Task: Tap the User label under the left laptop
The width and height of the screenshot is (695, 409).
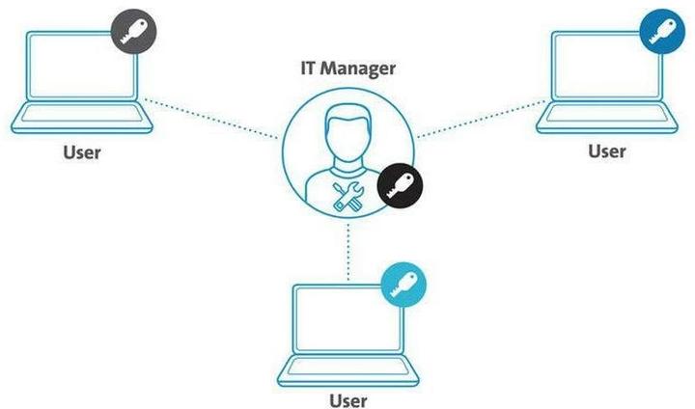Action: click(x=81, y=151)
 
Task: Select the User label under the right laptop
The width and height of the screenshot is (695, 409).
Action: click(x=606, y=150)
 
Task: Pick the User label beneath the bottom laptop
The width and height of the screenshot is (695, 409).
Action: click(x=348, y=398)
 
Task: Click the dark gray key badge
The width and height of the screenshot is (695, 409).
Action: click(x=132, y=33)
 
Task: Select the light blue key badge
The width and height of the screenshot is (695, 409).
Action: click(x=403, y=283)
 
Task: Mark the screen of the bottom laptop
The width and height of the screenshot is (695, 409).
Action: click(x=347, y=319)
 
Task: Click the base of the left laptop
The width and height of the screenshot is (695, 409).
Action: click(x=81, y=124)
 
